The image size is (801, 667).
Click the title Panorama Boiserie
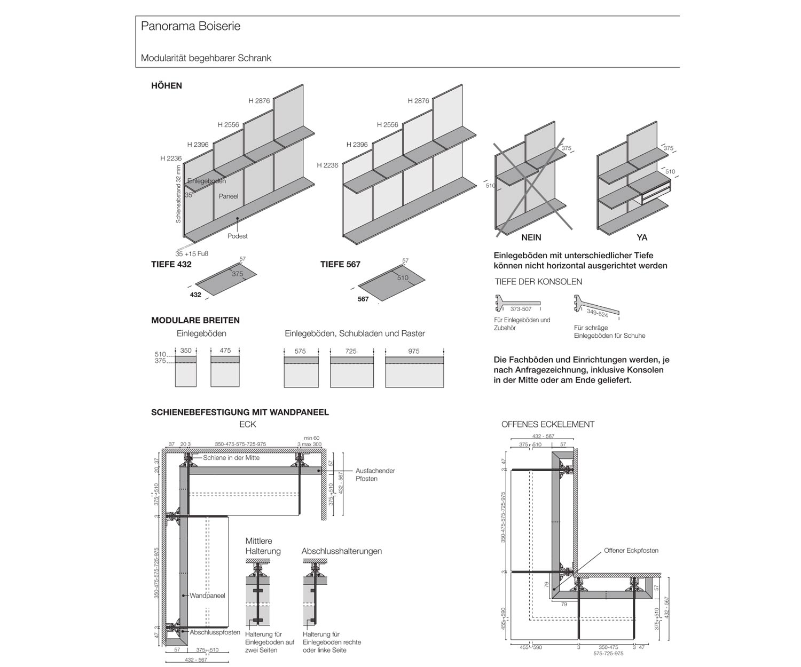pos(191,26)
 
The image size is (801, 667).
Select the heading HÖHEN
pos(167,85)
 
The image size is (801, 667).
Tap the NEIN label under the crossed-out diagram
pos(531,237)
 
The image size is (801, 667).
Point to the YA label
pos(642,237)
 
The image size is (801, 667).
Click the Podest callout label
pos(238,236)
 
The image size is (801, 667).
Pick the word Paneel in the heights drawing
pos(228,196)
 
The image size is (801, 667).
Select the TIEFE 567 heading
pos(340,264)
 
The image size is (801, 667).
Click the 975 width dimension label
pos(414,351)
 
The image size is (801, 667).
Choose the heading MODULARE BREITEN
pos(195,320)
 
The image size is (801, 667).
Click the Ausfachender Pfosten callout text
pos(375,475)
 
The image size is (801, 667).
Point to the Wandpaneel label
pos(207,595)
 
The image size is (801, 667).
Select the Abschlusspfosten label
pos(215,632)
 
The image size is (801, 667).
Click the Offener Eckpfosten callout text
pos(631,551)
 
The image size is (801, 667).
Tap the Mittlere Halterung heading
pos(263,546)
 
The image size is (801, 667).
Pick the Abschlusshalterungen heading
pos(342,551)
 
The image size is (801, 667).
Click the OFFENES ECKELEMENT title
pos(548,424)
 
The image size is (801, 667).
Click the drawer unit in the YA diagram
pos(656,190)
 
